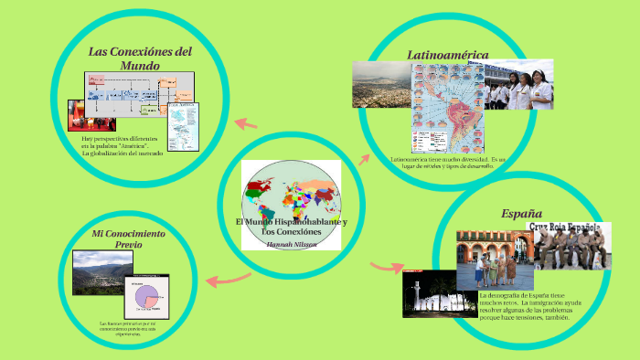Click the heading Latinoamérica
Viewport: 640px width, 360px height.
[x=448, y=55]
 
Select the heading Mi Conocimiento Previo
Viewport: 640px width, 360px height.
[x=129, y=239]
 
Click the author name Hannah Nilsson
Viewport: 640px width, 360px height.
[x=291, y=244]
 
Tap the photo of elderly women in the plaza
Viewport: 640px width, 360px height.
[x=494, y=259]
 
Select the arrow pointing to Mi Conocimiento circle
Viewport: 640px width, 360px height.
[x=229, y=279]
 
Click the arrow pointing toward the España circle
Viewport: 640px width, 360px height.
[x=387, y=267]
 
